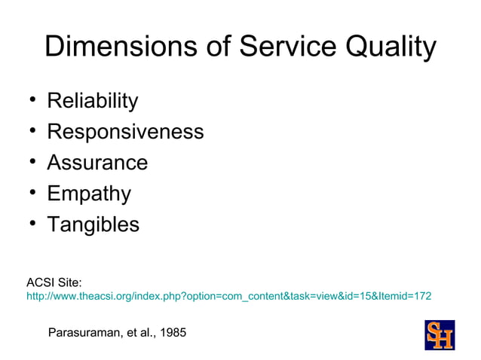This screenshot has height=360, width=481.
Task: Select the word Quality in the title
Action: (x=390, y=48)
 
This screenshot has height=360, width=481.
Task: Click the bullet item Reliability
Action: (x=93, y=101)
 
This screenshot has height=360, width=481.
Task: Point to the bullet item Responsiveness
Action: (x=125, y=132)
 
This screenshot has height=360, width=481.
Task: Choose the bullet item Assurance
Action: (x=97, y=163)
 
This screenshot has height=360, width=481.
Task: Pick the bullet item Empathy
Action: (x=89, y=194)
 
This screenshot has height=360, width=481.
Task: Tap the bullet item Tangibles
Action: (x=93, y=225)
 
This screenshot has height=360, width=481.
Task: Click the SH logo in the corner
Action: (x=440, y=335)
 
